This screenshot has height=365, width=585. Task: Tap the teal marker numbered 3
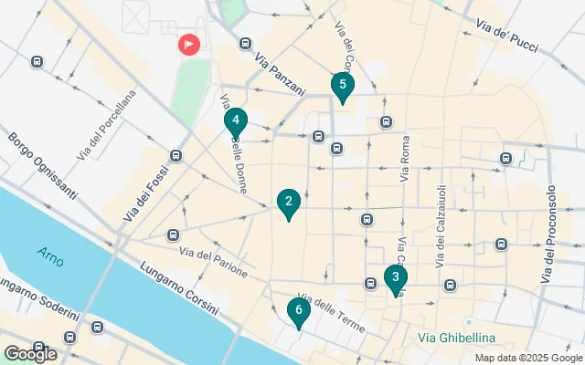395,278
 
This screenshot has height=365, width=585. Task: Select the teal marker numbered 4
236,120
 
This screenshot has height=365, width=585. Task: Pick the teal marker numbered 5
342,88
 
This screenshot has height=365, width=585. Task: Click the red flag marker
189,43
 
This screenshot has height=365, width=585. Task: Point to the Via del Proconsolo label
550,234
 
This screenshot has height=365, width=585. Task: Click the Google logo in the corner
30,354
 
